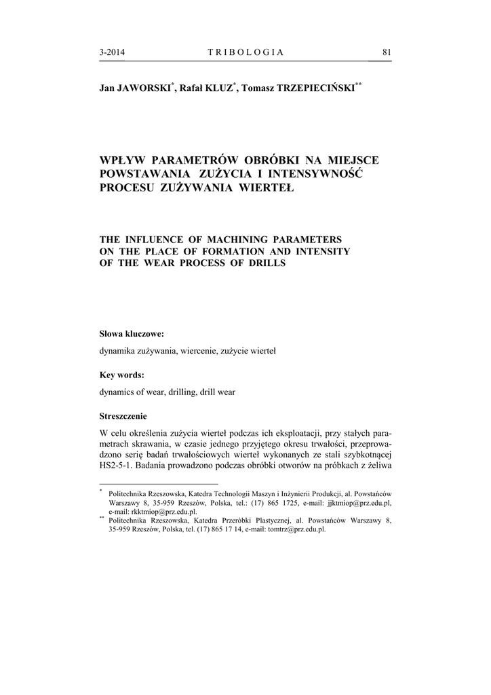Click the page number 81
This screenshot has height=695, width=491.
[x=387, y=52]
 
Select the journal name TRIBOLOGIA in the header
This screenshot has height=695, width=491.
[x=245, y=52]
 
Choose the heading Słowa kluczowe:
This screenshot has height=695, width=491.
[x=132, y=334]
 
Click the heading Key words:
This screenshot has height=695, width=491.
[x=121, y=375]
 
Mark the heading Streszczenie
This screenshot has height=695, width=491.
[x=123, y=416]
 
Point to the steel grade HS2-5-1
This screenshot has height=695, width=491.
[x=118, y=466]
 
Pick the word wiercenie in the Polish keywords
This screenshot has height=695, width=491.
[x=199, y=351]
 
